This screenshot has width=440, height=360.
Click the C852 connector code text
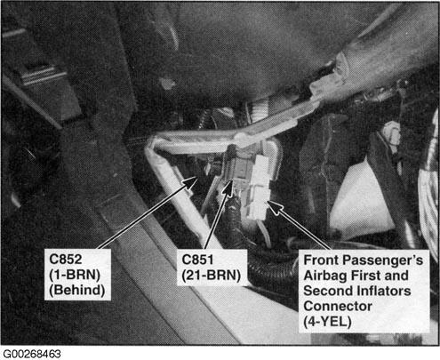click(65, 260)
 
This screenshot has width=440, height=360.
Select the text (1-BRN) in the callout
click(75, 275)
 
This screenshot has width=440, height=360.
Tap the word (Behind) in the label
click(76, 290)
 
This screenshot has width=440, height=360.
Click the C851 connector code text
click(197, 260)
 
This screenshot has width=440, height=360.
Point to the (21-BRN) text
click(211, 276)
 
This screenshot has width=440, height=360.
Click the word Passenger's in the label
click(386, 260)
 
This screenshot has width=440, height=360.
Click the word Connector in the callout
click(338, 307)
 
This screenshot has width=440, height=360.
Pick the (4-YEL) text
click(327, 322)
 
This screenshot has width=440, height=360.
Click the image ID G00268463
click(32, 354)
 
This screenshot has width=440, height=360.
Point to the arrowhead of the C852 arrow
click(192, 181)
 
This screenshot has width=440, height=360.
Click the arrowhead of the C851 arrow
click(228, 188)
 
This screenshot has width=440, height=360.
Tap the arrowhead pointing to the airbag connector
click(274, 206)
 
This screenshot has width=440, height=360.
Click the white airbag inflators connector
click(259, 189)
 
